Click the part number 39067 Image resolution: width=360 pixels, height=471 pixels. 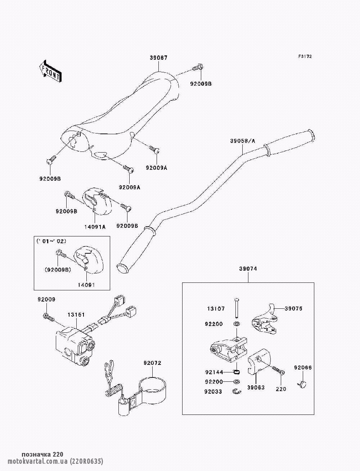159,58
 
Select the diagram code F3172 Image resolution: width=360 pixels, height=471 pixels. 305,56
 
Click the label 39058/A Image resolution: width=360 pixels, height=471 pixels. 243,141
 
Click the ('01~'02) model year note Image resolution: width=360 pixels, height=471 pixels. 51,241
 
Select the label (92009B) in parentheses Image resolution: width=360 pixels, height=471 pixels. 58,269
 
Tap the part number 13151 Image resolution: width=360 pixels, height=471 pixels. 76,314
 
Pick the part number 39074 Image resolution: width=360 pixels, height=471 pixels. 248,269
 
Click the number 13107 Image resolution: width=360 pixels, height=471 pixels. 216,308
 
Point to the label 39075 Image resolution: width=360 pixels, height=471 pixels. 293,308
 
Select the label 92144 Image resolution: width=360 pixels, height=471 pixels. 215,372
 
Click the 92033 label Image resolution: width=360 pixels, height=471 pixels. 215,391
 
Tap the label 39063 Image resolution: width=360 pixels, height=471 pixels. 256,387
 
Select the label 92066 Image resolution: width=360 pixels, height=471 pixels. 303,368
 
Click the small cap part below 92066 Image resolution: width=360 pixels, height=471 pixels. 303,384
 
